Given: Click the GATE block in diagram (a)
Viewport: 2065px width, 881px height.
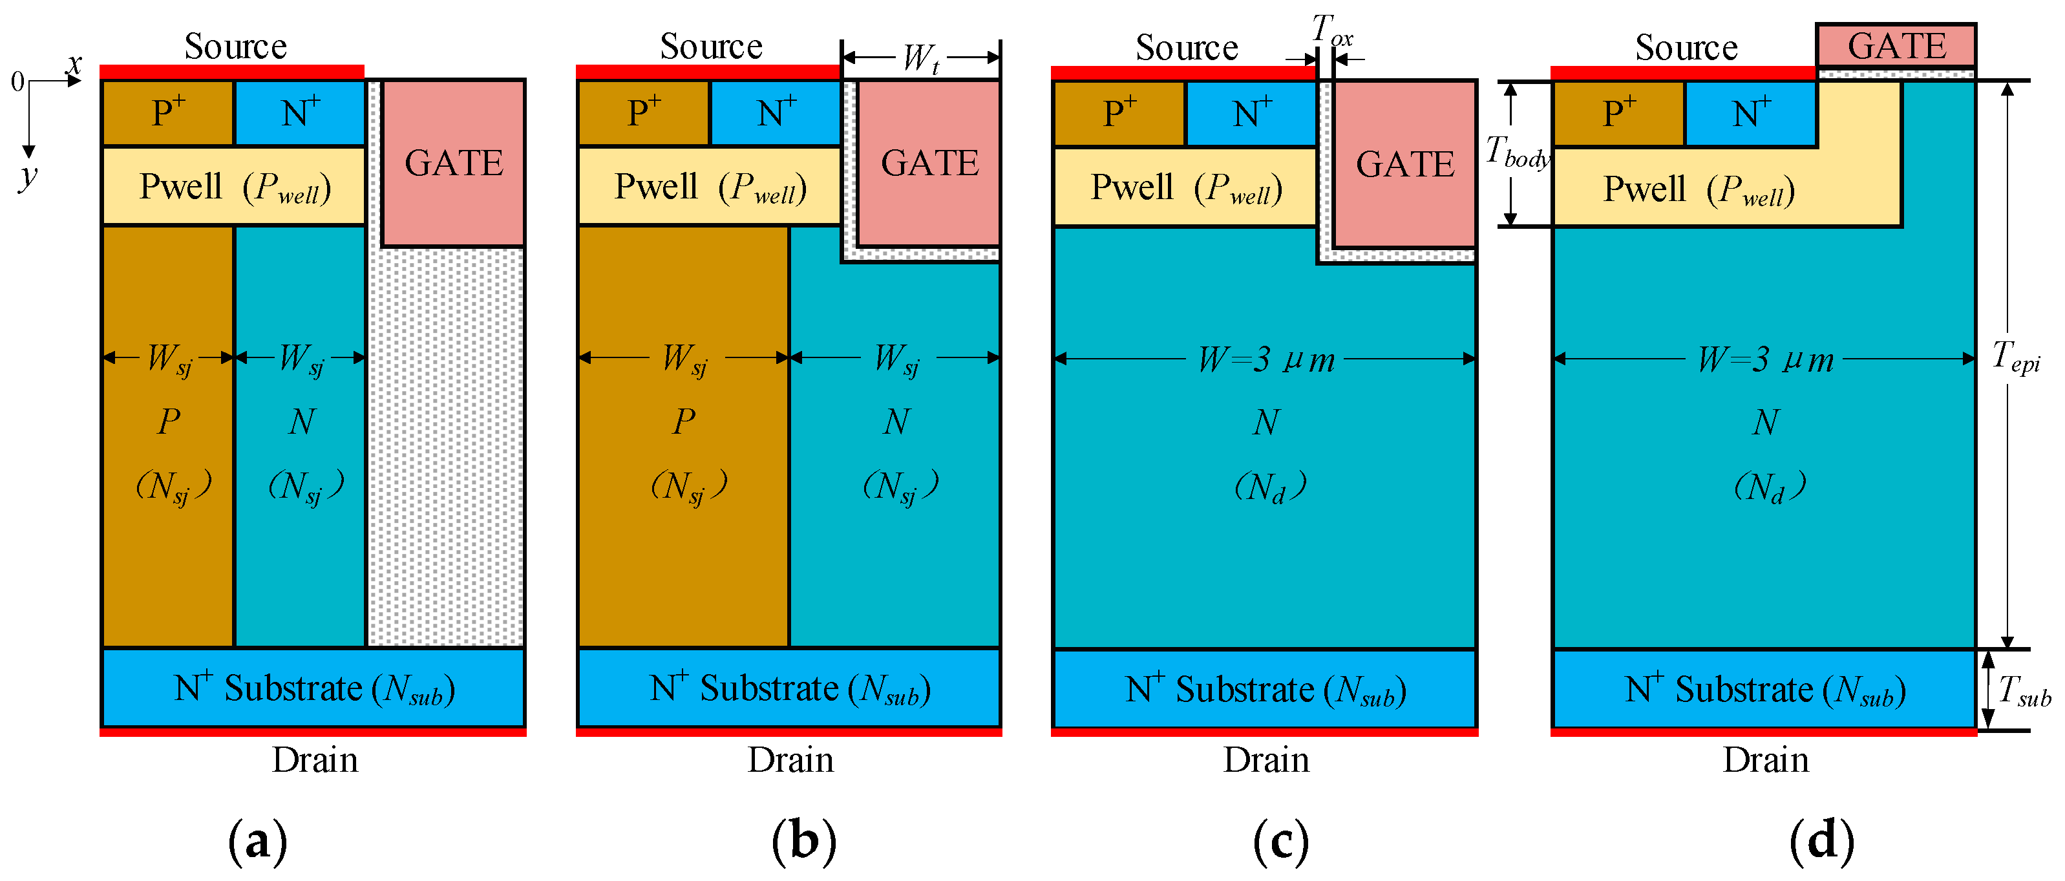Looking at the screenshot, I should [x=454, y=163].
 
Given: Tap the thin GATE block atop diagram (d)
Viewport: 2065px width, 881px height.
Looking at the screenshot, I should [x=1895, y=46].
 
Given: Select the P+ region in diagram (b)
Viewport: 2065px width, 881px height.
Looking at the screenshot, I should [x=643, y=112].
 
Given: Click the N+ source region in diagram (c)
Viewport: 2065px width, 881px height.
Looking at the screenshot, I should [x=1251, y=113].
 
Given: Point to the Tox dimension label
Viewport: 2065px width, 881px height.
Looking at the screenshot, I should [x=1331, y=30].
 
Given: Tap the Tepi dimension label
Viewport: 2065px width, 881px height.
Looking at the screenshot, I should [x=2016, y=356].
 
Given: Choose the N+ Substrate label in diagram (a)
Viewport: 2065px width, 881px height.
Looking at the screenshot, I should [x=314, y=688].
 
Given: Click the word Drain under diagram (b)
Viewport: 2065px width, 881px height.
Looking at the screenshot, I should [x=790, y=759].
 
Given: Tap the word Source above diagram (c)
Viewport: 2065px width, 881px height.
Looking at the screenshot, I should [x=1187, y=47].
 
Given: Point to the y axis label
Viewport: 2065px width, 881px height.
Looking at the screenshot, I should [x=29, y=175].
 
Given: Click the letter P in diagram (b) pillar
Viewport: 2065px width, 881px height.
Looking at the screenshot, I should [x=683, y=421].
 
